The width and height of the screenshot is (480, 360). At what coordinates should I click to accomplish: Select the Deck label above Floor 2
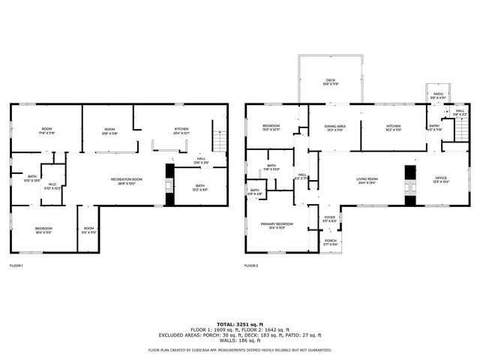[330, 82]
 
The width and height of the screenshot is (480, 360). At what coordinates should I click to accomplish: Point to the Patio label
[438, 96]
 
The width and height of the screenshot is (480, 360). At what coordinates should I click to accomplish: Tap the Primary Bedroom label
[276, 226]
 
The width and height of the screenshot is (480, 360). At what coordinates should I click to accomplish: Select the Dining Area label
[334, 128]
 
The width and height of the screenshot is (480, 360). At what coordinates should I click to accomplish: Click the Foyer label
[330, 218]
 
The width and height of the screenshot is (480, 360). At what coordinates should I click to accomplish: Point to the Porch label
[331, 242]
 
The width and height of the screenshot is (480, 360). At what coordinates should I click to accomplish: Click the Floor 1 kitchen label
[181, 130]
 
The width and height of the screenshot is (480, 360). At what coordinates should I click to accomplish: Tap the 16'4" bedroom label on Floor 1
[43, 230]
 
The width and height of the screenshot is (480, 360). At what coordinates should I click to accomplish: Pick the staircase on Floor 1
[220, 140]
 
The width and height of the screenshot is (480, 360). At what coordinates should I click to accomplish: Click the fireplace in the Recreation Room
[169, 184]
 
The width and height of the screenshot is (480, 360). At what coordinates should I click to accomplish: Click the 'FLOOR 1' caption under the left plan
[16, 265]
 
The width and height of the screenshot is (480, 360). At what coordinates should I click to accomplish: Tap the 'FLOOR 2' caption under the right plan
[252, 265]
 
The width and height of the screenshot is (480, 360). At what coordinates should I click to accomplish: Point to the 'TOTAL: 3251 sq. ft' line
[240, 323]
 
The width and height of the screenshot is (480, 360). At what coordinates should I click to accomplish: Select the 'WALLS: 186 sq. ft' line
[240, 340]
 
